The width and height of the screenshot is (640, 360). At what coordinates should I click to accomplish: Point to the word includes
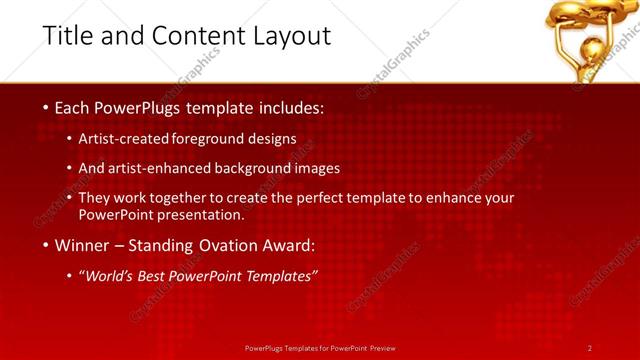coord(288,106)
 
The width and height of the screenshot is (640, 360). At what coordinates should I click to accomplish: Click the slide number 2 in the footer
coord(589,348)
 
